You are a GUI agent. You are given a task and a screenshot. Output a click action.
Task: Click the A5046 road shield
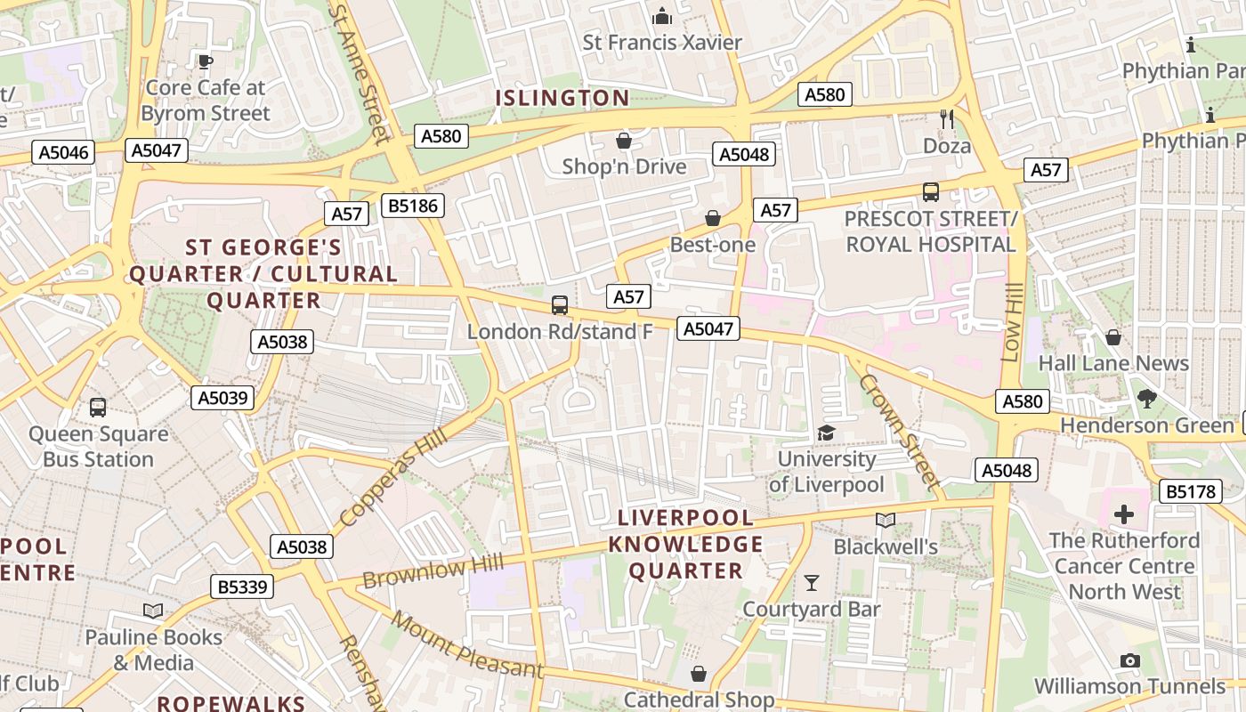click(x=64, y=152)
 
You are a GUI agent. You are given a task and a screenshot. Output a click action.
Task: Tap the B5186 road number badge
click(x=412, y=206)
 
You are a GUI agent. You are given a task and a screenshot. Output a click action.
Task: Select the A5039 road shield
click(x=222, y=398)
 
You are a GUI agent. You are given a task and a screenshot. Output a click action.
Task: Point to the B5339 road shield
click(x=242, y=587)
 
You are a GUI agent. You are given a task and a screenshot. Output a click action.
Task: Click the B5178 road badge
click(x=1191, y=490)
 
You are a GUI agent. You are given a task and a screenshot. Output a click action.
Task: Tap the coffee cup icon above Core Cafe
click(x=206, y=61)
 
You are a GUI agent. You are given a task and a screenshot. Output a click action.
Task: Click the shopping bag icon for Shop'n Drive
click(x=624, y=141)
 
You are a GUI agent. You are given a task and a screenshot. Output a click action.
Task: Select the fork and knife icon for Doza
click(x=947, y=118)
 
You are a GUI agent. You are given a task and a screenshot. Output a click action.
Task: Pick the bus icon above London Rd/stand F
click(x=560, y=305)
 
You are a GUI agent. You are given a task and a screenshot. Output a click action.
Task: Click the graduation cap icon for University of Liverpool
click(x=826, y=433)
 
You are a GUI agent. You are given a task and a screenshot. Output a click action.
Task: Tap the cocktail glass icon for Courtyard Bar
click(x=812, y=583)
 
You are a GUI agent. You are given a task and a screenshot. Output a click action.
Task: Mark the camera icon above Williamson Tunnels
click(x=1130, y=660)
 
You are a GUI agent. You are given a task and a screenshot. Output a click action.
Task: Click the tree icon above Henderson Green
click(x=1146, y=399)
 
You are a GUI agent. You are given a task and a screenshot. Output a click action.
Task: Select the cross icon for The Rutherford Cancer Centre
click(x=1124, y=514)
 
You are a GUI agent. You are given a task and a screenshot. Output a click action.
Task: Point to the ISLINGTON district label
click(x=562, y=98)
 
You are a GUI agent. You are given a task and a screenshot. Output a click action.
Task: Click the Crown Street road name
click(x=900, y=432)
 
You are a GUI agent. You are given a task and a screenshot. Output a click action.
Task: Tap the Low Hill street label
click(x=1010, y=322)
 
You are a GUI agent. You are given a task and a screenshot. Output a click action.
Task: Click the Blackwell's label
click(x=886, y=546)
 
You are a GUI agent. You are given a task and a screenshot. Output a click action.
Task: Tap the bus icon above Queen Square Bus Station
click(x=98, y=408)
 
